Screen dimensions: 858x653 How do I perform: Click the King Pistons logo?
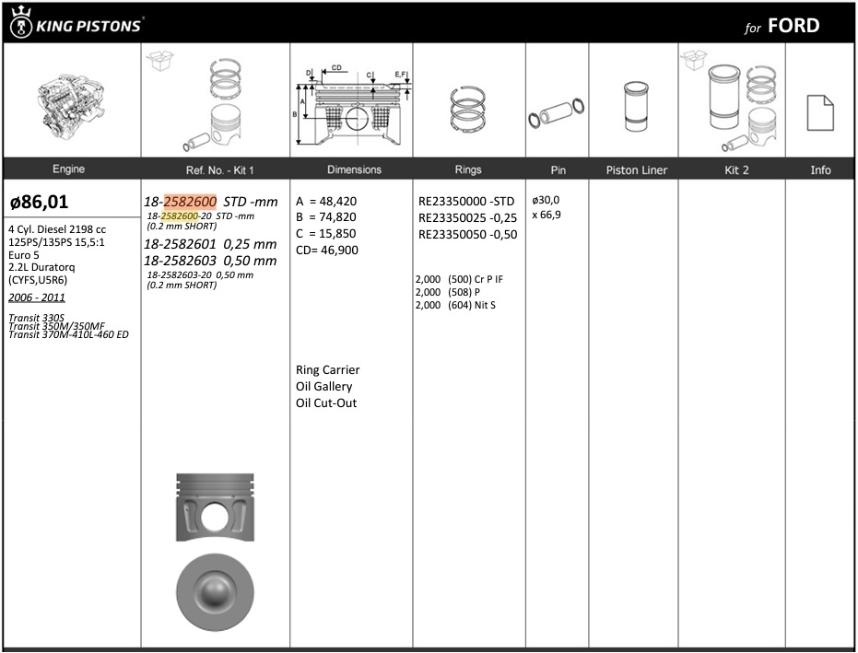point(76,23)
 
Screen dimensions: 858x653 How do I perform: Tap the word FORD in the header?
point(793,26)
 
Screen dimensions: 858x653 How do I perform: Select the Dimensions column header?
point(354,169)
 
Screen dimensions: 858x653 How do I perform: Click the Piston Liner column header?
point(637,170)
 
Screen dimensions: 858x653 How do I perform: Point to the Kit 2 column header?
point(736,170)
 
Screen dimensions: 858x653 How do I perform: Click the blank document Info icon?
point(820,112)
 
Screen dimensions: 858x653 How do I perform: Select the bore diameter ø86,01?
point(40,202)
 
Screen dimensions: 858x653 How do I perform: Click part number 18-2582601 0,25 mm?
point(210,244)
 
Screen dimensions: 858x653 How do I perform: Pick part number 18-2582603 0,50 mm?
point(210,261)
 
